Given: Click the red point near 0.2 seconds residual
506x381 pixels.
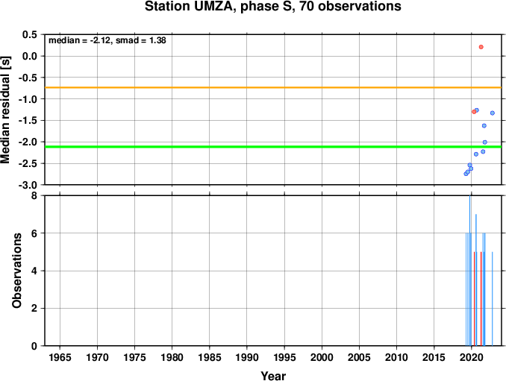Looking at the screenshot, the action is click(x=481, y=47).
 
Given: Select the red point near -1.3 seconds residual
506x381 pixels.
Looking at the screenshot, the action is click(x=474, y=112).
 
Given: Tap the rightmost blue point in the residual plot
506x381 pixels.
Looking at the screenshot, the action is click(x=492, y=113).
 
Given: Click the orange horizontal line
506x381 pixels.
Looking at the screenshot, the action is click(x=273, y=87).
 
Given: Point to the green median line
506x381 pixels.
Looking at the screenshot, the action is click(x=273, y=147).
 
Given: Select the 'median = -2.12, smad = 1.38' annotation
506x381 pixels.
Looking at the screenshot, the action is click(x=107, y=40).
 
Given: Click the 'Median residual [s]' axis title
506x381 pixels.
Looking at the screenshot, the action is click(x=5, y=110).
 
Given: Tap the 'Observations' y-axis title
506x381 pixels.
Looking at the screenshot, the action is click(x=16, y=271).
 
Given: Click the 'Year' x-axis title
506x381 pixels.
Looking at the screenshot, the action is click(x=273, y=376).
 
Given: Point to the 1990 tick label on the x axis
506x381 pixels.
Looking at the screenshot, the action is click(x=247, y=357).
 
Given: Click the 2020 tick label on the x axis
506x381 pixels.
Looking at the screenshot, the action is click(x=471, y=357).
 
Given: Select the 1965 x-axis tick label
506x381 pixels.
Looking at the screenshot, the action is click(x=60, y=357).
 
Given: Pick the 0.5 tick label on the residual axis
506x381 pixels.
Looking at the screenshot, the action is click(x=30, y=34).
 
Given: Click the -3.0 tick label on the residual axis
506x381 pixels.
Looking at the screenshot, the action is click(x=28, y=185).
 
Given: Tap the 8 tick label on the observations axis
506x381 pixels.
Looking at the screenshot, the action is click(x=34, y=195).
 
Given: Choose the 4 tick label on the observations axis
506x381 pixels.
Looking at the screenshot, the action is click(x=34, y=271).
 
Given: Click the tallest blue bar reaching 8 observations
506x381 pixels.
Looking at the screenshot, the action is click(x=469, y=271).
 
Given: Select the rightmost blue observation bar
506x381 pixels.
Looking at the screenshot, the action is click(x=492, y=299).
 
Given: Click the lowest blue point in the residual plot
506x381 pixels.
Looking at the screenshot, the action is click(x=466, y=174).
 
